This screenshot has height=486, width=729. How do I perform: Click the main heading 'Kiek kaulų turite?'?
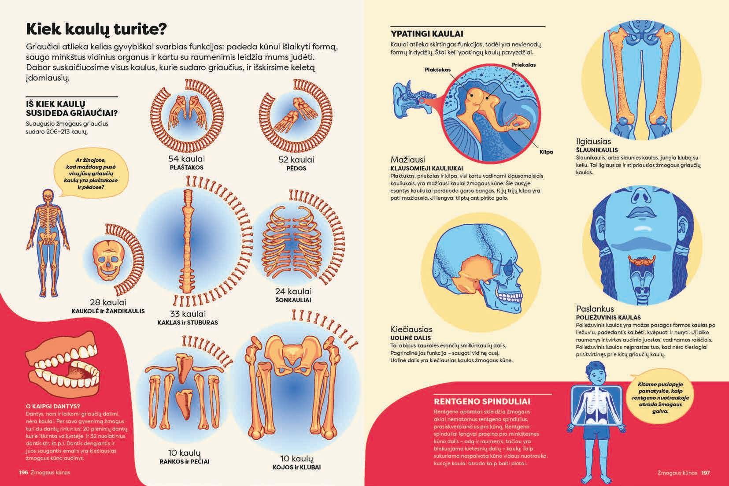click(96, 29)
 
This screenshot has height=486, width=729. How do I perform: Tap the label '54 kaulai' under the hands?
click(186, 159)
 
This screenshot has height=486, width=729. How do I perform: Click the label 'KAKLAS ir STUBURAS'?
click(188, 322)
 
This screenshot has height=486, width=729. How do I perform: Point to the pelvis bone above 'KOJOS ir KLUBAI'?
click(289, 356)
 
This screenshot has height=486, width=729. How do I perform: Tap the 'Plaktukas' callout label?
click(437, 70)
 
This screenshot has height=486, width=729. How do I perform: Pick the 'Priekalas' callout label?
click(524, 65)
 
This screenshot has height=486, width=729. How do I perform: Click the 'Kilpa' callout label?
click(546, 152)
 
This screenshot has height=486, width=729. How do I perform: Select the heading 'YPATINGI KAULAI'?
click(427, 33)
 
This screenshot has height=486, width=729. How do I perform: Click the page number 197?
click(706, 473)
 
